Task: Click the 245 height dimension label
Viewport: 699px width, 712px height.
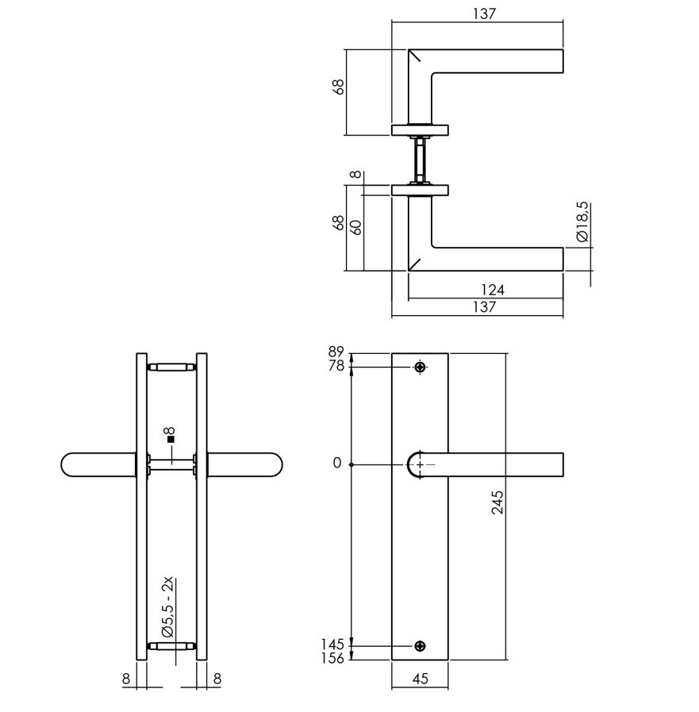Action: tap(497, 502)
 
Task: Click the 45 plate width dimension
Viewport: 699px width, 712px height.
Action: tap(421, 679)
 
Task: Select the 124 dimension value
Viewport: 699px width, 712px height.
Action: tap(492, 291)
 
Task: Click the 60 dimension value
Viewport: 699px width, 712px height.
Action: tap(356, 227)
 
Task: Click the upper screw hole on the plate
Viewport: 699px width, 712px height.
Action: tap(420, 367)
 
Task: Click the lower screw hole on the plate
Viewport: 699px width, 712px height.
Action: tap(420, 645)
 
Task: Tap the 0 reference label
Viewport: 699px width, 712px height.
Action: tap(336, 464)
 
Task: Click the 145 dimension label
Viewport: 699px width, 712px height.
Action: tap(333, 645)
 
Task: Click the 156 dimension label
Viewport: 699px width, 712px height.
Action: tap(333, 658)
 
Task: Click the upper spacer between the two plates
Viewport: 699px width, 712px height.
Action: tap(171, 367)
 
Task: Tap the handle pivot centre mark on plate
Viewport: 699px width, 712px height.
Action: tap(420, 464)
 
